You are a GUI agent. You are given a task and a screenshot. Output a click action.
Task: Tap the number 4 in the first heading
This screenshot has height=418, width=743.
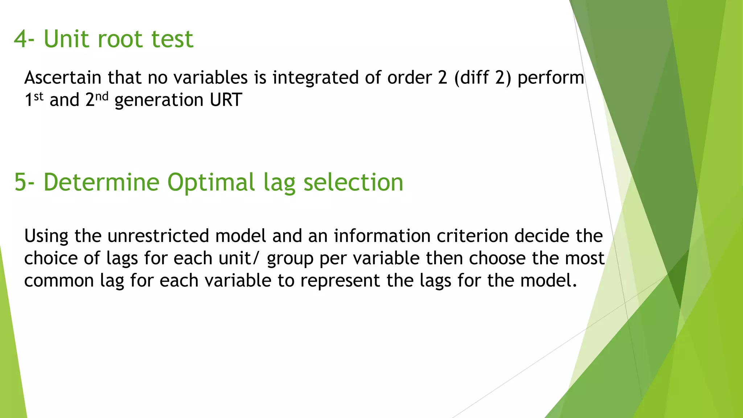(x=20, y=39)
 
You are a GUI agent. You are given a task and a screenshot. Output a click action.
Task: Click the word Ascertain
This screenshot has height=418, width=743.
(x=63, y=78)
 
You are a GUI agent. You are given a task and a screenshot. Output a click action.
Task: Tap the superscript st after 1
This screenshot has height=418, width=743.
(x=39, y=97)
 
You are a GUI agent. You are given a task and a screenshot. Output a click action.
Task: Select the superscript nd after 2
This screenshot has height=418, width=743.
(x=102, y=97)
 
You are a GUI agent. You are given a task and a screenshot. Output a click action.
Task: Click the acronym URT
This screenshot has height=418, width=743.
(x=226, y=100)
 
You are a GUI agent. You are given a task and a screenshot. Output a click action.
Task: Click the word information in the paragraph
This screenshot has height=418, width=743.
(x=382, y=236)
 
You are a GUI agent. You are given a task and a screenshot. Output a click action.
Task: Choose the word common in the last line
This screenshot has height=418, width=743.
(x=59, y=281)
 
